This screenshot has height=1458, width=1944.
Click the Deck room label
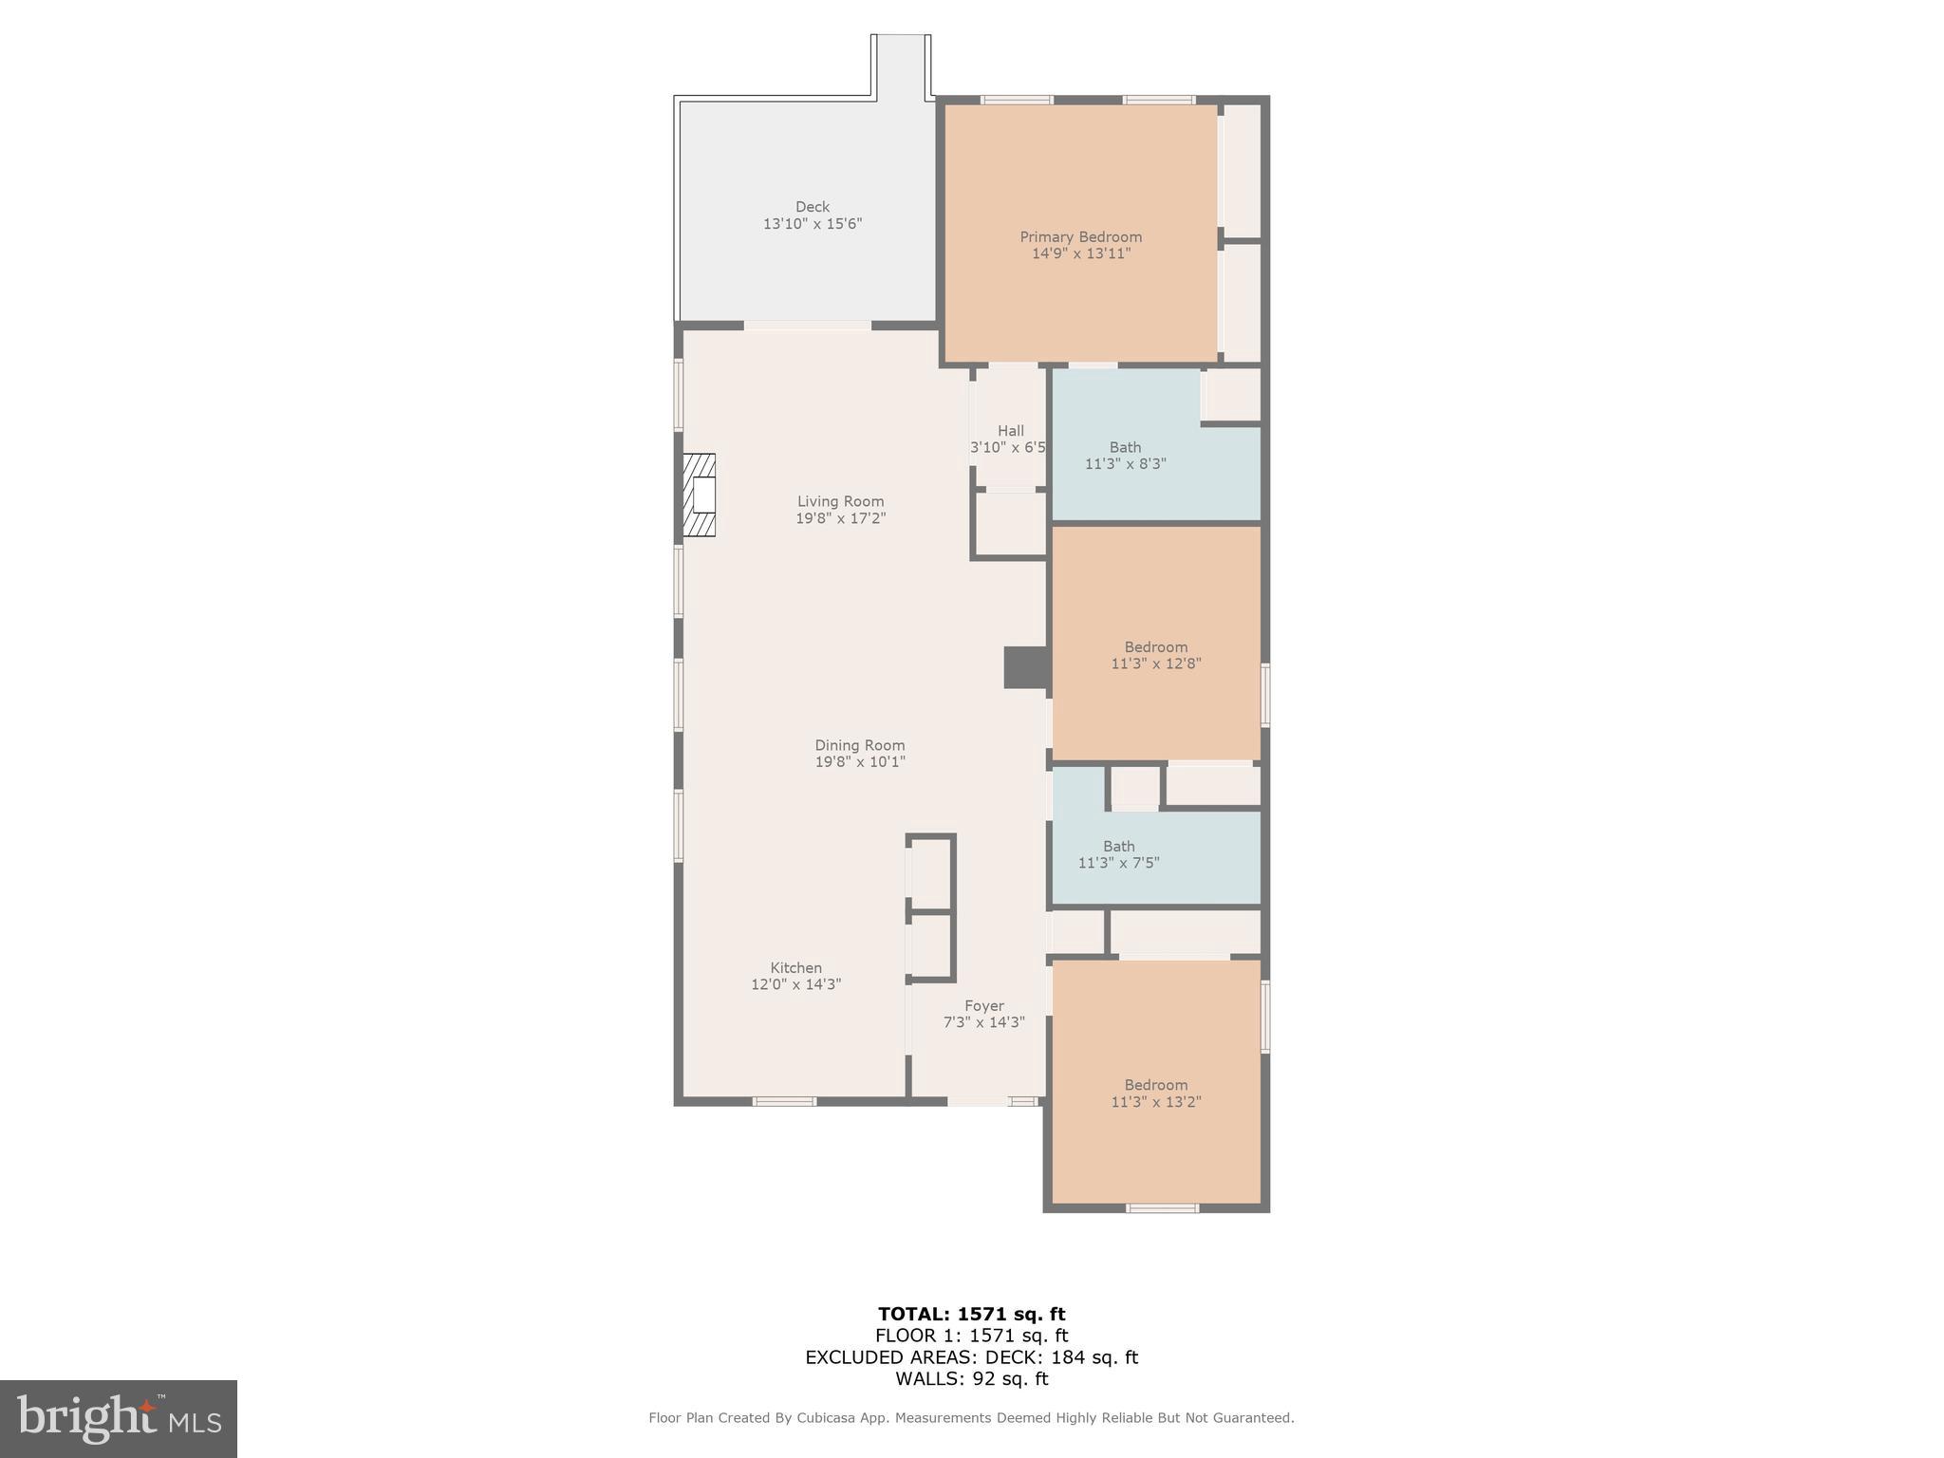click(812, 207)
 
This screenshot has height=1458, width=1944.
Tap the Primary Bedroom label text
click(1080, 237)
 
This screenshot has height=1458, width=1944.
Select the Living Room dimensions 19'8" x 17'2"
click(840, 518)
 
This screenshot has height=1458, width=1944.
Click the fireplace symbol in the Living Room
click(700, 495)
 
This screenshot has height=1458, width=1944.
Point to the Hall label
click(1010, 431)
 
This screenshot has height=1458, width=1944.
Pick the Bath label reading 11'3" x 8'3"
click(1125, 456)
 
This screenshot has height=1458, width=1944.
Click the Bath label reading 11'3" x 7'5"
click(1118, 854)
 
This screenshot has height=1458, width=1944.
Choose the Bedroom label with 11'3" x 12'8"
click(1155, 655)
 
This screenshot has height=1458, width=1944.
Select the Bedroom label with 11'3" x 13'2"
click(1155, 1093)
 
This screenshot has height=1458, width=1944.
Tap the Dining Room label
click(859, 746)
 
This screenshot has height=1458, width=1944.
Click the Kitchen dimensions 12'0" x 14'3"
click(795, 984)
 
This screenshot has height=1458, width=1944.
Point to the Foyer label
click(983, 1006)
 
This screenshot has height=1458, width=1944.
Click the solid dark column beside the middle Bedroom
click(1026, 667)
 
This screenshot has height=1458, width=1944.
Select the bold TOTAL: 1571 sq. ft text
click(971, 1315)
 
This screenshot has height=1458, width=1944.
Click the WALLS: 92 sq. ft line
click(971, 1379)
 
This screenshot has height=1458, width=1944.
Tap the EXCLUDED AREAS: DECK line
click(971, 1357)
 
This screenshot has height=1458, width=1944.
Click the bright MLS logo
click(119, 1418)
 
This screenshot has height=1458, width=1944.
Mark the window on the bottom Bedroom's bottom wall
click(1162, 1207)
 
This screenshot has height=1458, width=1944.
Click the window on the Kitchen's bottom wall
click(784, 1101)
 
